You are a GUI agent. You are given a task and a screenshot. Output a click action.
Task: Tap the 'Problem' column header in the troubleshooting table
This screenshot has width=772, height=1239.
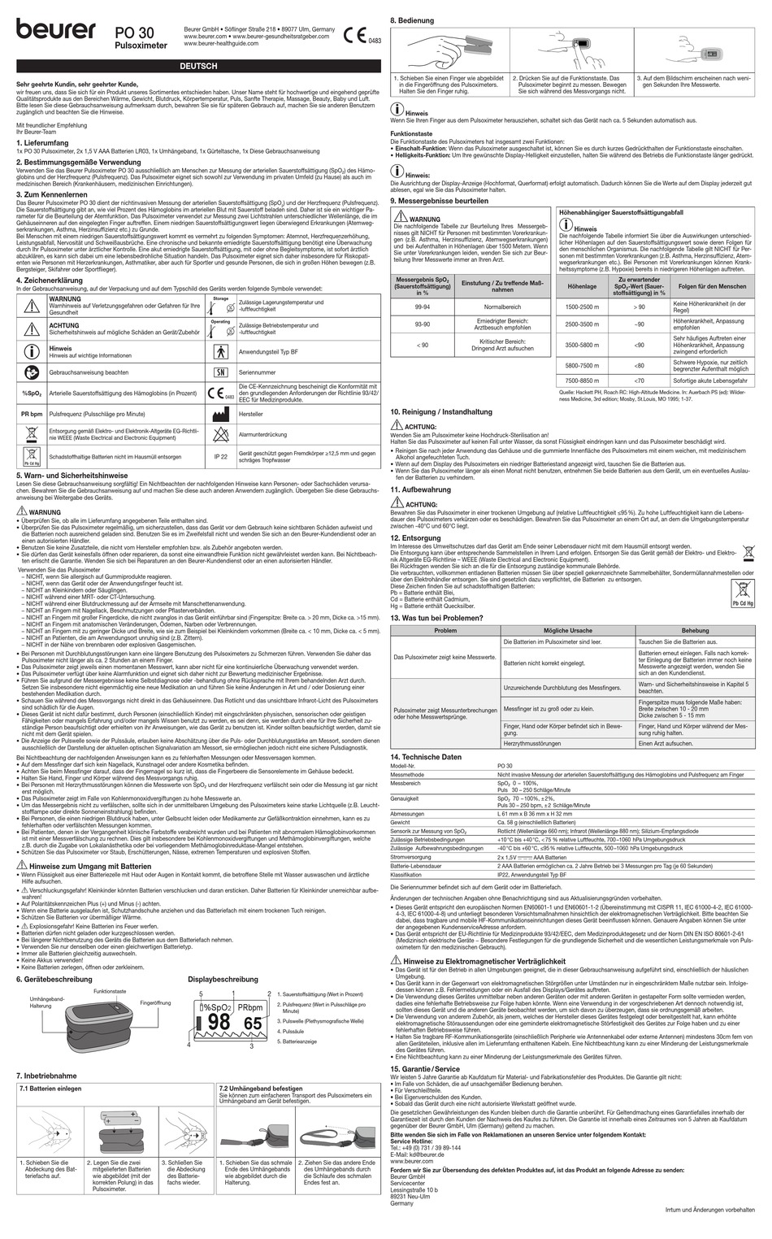pos(445,630)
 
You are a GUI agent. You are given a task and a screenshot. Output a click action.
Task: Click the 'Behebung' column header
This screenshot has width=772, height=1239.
pos(695,630)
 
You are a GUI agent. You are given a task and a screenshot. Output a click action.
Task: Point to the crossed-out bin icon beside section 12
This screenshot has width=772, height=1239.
pos(747,550)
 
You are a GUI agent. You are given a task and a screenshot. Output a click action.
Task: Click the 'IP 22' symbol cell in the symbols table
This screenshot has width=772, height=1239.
pos(220,457)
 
